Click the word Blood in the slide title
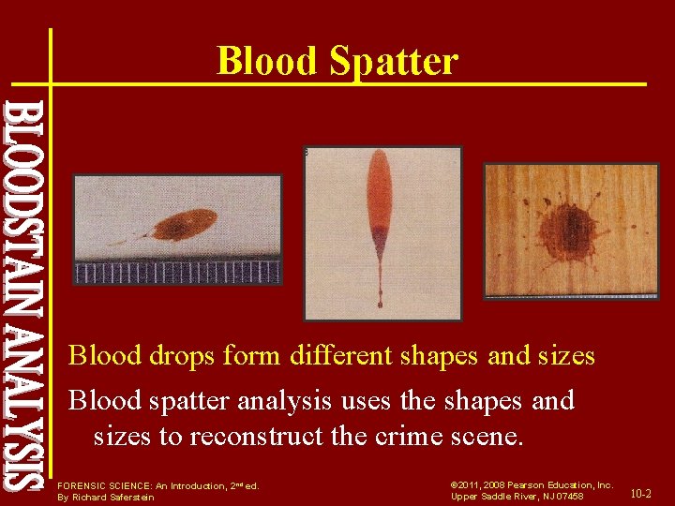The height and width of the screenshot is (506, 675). [266, 62]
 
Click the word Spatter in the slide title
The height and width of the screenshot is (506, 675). [393, 62]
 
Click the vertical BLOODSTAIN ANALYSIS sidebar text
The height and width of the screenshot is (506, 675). [22, 296]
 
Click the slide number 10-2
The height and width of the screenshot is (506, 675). [642, 493]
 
